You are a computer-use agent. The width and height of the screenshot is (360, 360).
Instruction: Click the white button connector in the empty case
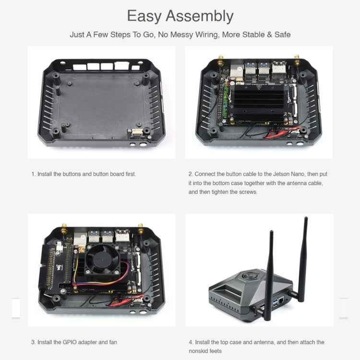point(136,132)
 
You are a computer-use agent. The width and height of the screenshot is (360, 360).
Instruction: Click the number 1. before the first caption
point(33,174)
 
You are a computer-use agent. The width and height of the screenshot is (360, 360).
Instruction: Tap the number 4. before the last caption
point(191,342)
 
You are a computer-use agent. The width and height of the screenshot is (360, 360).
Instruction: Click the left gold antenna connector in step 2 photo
point(220,61)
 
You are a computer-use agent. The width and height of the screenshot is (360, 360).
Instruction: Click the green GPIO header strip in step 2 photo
point(222,103)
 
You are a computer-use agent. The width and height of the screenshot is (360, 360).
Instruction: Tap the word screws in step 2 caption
point(249,192)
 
